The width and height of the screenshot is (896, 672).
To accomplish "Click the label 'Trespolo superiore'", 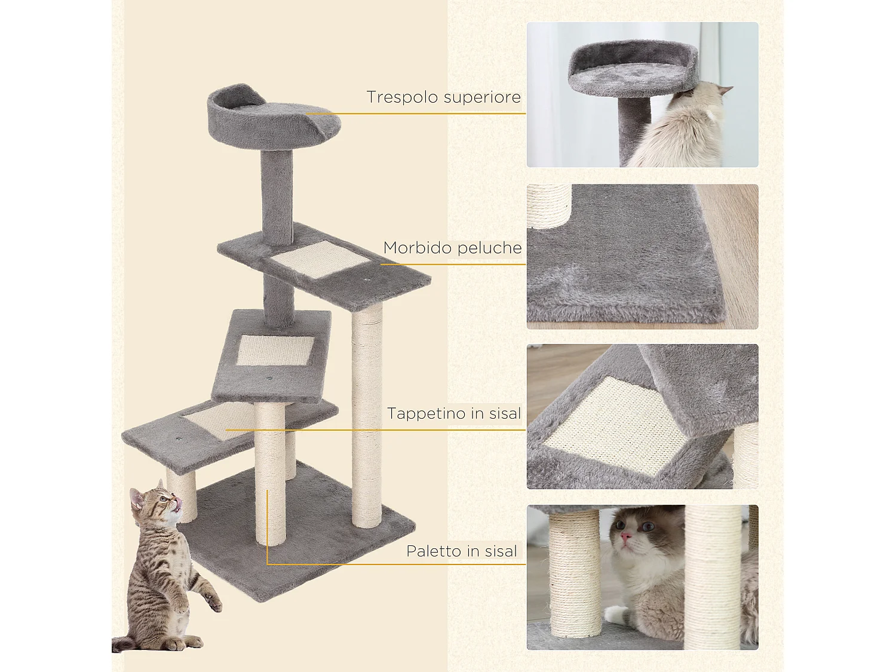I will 443,97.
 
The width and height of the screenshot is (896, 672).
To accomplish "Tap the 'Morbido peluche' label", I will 452,248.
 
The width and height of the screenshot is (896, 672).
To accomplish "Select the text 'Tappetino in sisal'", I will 453,413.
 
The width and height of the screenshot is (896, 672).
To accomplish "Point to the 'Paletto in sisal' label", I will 461,551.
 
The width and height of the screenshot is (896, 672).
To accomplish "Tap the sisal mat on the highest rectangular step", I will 320,259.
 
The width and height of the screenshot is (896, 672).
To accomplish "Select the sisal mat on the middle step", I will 275,350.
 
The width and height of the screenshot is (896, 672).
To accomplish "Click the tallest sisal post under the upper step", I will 367,418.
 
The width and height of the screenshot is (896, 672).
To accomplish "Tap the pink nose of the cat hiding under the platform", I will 625,536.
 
